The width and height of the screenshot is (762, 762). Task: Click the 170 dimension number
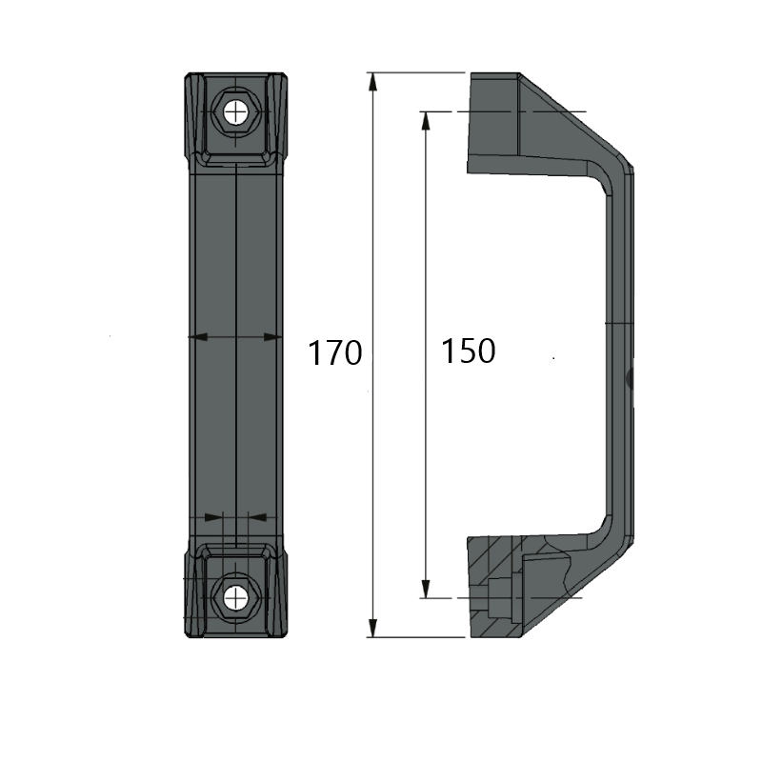pos(335,352)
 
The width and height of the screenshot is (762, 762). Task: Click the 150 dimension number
pos(468,351)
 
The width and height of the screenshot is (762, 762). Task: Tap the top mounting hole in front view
pos(235,113)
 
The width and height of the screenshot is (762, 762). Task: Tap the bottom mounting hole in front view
pos(235,597)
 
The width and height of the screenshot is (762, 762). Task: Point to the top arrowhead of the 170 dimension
pos(372,82)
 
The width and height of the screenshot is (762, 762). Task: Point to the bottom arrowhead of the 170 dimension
pos(372,628)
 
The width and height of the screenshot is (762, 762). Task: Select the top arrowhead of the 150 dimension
pos(426,121)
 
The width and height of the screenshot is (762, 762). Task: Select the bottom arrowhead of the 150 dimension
pos(426,589)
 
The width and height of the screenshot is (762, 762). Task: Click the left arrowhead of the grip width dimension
pos(198,336)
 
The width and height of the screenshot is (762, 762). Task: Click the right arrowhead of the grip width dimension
pos(272,336)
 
